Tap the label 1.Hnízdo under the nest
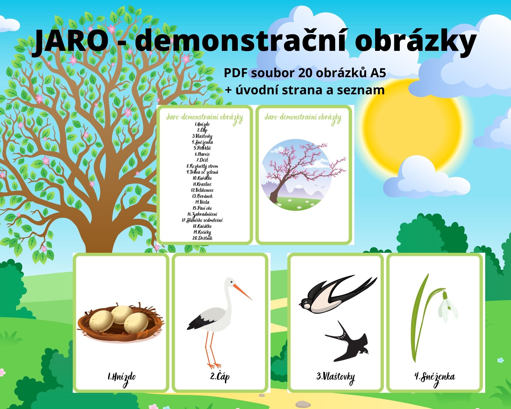(121, 377)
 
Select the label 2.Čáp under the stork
(220, 377)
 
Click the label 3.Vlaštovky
(335, 377)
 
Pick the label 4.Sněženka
(435, 377)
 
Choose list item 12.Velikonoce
(202, 190)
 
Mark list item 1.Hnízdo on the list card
(202, 124)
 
